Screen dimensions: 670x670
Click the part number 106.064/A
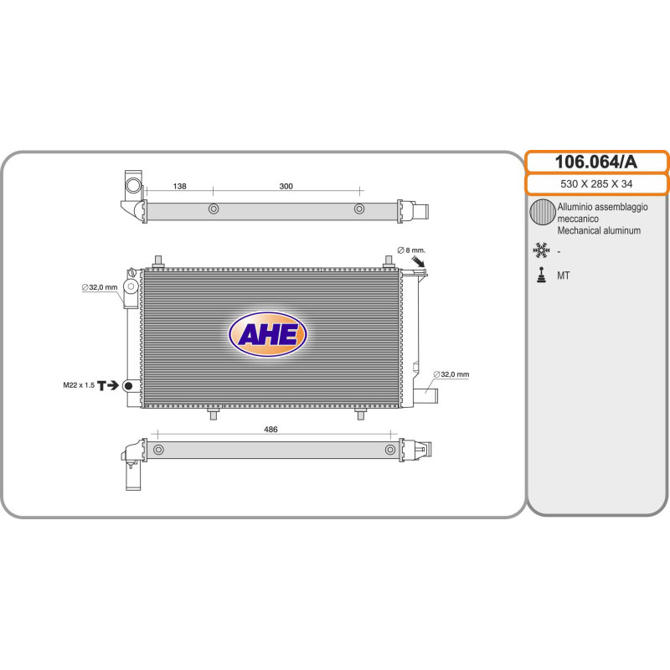(x=595, y=162)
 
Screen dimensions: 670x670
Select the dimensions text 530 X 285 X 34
(x=596, y=184)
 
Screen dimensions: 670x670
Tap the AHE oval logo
(x=268, y=334)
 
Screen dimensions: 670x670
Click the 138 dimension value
(x=179, y=186)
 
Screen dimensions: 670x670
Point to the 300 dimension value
(x=286, y=186)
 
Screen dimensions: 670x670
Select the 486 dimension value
(x=271, y=430)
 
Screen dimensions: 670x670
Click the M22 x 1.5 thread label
(x=79, y=385)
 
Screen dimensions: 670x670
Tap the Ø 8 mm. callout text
(x=411, y=250)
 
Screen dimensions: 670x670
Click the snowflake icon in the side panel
(x=541, y=250)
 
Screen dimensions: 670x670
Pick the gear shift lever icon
(x=541, y=276)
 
